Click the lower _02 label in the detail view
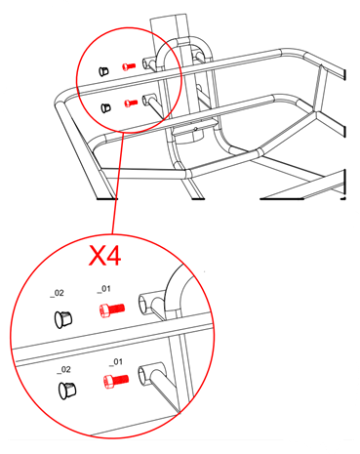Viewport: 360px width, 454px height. (64, 369)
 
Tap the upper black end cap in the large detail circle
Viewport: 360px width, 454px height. (64, 318)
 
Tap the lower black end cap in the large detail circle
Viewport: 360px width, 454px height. (66, 391)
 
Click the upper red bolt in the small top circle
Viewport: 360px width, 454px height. (128, 66)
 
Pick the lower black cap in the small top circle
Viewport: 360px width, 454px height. (105, 105)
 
